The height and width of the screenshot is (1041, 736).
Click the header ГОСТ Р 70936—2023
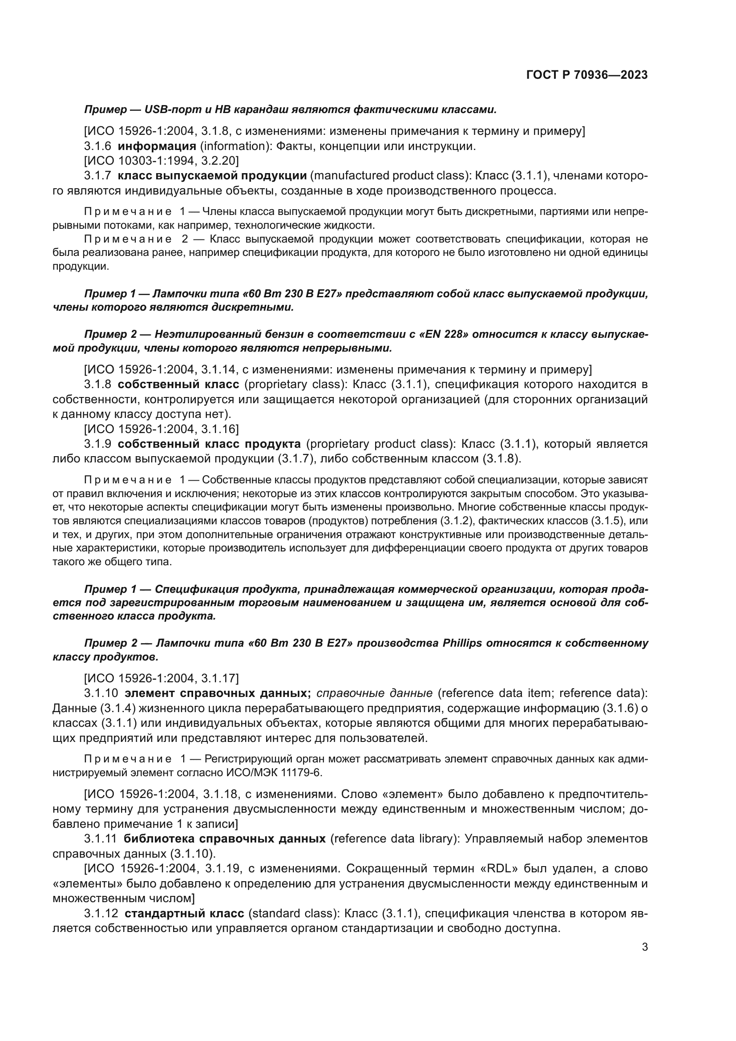pyautogui.click(x=587, y=75)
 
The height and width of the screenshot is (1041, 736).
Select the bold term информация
pyautogui.click(x=157, y=146)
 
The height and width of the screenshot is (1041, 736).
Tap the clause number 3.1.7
pyautogui.click(x=97, y=176)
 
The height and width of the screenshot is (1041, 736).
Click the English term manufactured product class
pyautogui.click(x=388, y=176)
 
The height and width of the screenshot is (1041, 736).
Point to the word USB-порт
pyautogui.click(x=170, y=110)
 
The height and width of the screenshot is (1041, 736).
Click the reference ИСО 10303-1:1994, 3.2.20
pyautogui.click(x=162, y=161)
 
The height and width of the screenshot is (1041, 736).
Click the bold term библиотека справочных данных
pyautogui.click(x=224, y=839)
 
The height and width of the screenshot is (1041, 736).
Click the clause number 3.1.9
pyautogui.click(x=97, y=444)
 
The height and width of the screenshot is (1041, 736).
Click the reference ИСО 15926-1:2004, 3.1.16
pyautogui.click(x=162, y=429)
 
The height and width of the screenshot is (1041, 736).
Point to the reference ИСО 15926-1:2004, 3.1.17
pyautogui.click(x=162, y=678)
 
